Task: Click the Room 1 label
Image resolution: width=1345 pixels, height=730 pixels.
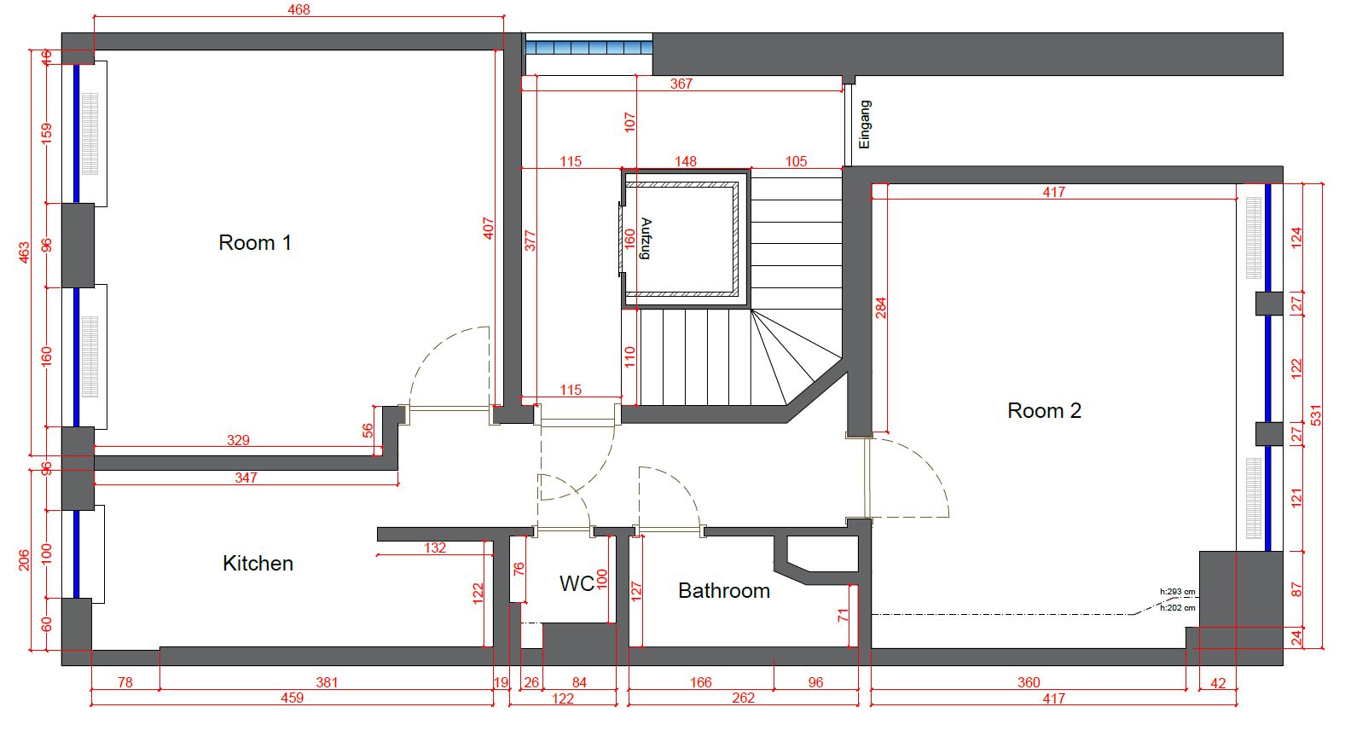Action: click(x=255, y=242)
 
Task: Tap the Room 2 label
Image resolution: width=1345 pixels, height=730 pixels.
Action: click(x=1044, y=411)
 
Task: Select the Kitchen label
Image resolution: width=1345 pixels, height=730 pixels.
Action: click(x=258, y=563)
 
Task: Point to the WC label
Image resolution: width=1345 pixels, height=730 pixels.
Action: click(x=577, y=583)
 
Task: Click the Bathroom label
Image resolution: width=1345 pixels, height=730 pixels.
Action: click(x=724, y=591)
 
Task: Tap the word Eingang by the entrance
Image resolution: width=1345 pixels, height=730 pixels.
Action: click(x=865, y=125)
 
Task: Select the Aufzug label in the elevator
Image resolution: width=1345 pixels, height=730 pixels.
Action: click(x=646, y=238)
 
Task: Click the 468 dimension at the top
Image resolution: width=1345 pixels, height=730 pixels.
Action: click(x=299, y=9)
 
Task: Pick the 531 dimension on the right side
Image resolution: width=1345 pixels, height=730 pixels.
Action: click(x=1316, y=415)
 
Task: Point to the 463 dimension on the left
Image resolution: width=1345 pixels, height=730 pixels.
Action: click(x=23, y=252)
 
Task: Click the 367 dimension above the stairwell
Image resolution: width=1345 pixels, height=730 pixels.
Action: click(x=681, y=84)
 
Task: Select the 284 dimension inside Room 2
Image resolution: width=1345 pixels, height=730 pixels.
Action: click(x=880, y=307)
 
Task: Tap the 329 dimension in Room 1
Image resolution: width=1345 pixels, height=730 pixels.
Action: click(x=238, y=440)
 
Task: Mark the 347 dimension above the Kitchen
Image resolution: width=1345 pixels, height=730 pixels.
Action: click(x=246, y=478)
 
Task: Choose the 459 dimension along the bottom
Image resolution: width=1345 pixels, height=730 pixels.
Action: click(x=293, y=698)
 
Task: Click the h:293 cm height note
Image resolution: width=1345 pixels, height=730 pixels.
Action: click(x=1178, y=592)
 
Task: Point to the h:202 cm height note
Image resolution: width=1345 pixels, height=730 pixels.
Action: click(x=1178, y=607)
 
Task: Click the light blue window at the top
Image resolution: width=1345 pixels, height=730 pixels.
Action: click(x=589, y=48)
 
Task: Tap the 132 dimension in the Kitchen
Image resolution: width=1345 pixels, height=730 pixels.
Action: click(x=435, y=547)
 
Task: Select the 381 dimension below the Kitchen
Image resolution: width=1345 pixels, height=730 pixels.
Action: click(x=327, y=682)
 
